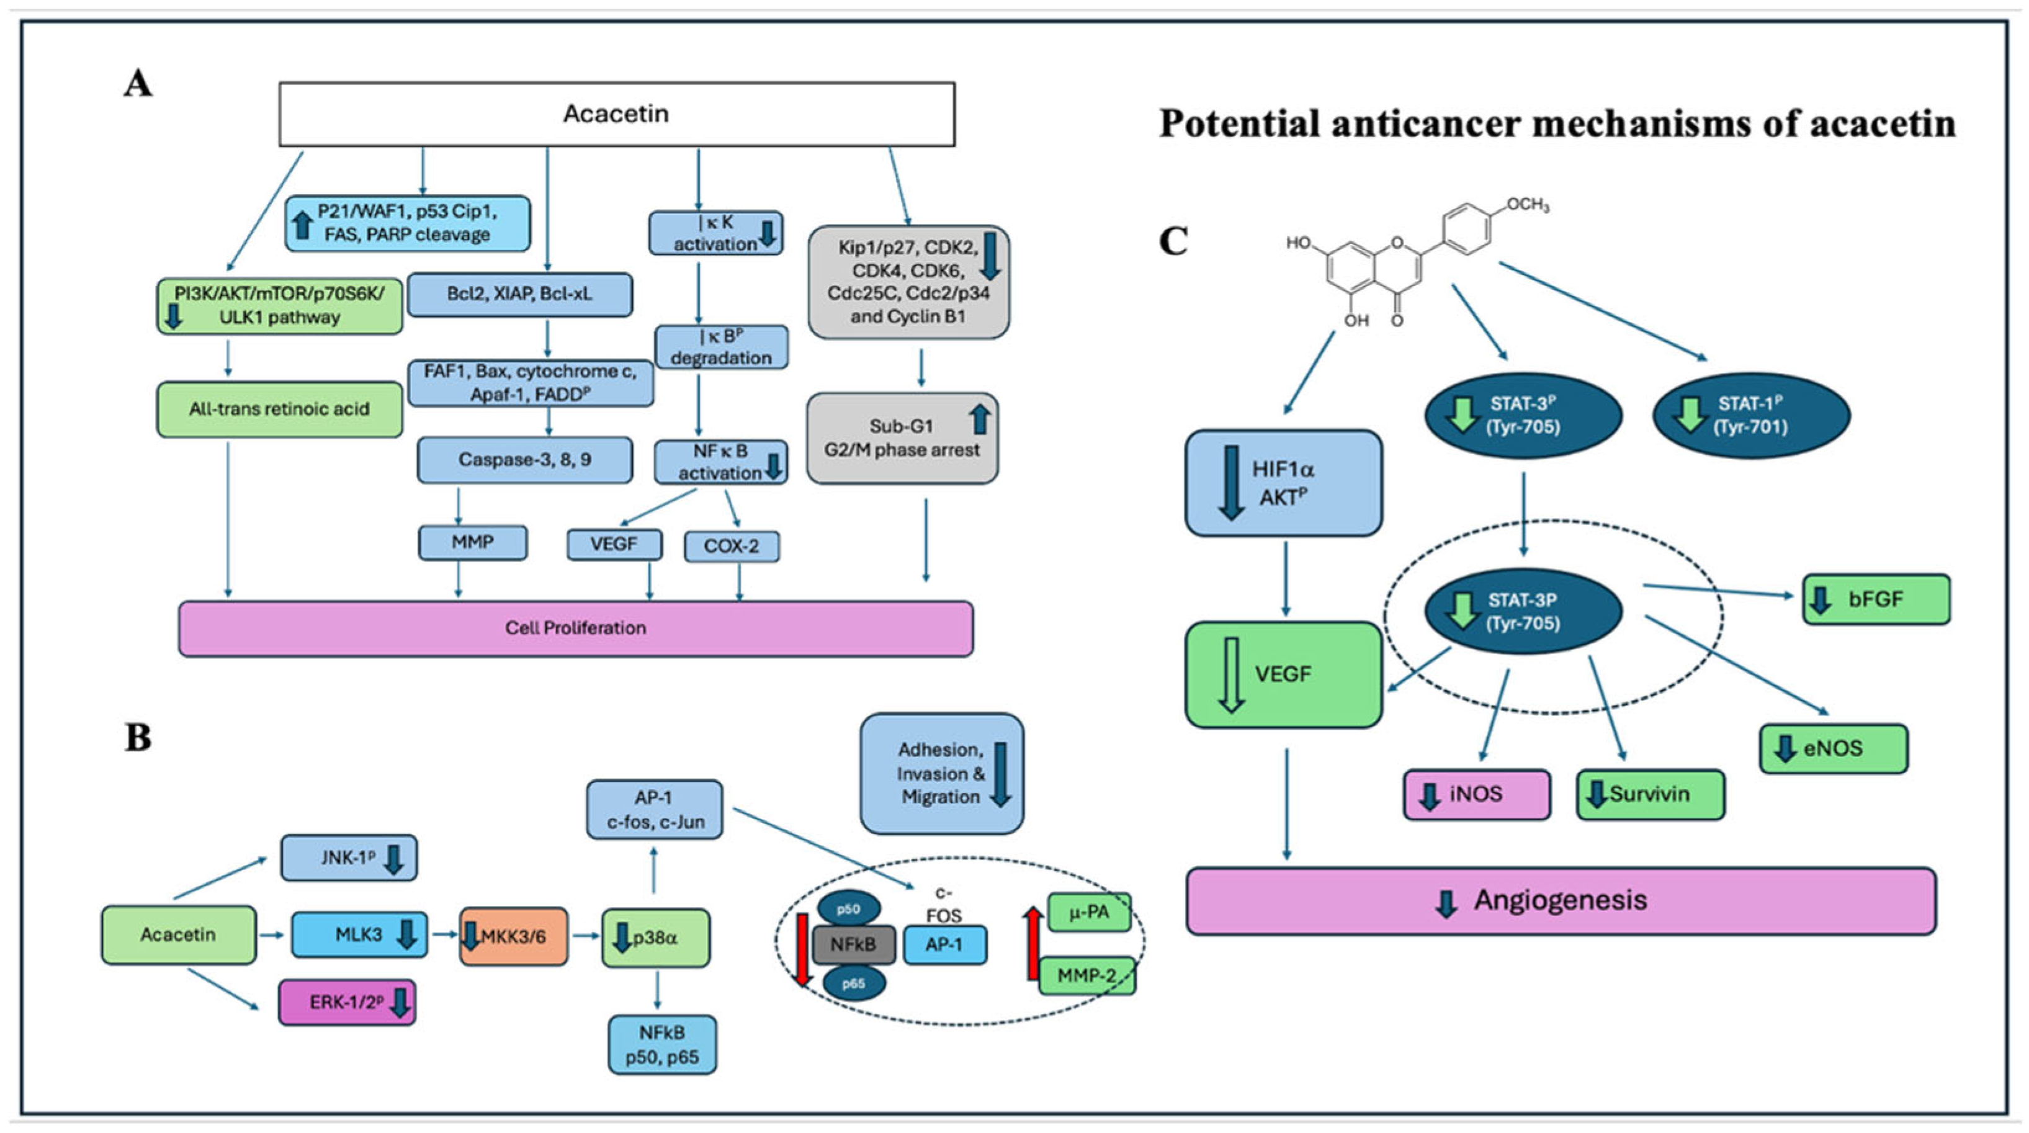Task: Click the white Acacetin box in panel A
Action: (617, 114)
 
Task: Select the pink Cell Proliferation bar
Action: (576, 628)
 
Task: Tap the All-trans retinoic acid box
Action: (280, 409)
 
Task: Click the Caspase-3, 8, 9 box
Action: (524, 459)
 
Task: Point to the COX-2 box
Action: (732, 546)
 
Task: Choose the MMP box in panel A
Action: (473, 543)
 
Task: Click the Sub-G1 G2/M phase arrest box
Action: (902, 438)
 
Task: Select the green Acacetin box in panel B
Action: (179, 934)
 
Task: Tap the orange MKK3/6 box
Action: (514, 936)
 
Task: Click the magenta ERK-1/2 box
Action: (347, 1002)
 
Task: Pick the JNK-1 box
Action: (349, 858)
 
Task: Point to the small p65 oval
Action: (854, 983)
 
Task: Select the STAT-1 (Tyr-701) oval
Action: (1750, 415)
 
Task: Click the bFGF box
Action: (1876, 599)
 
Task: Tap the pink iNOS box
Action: (1477, 794)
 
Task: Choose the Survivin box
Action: (1650, 794)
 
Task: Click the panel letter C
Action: (1173, 240)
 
